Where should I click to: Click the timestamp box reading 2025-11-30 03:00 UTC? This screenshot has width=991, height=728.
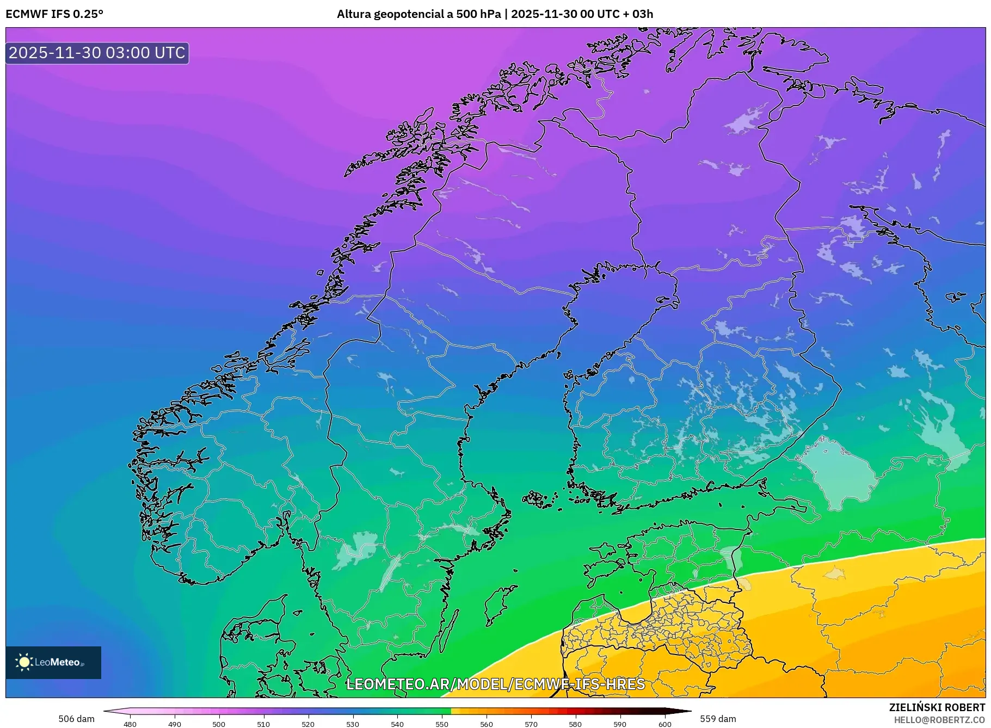(97, 53)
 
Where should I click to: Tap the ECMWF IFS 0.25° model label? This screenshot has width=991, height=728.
(54, 14)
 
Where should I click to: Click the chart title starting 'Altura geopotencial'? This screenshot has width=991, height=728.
(495, 14)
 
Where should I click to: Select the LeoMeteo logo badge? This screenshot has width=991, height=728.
(53, 662)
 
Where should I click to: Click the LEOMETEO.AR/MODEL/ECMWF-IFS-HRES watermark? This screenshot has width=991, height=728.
(495, 684)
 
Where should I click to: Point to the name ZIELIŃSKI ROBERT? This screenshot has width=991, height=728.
(937, 707)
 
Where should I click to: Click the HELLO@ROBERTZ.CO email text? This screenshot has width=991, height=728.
(939, 720)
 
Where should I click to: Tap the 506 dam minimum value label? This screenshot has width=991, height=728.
(76, 719)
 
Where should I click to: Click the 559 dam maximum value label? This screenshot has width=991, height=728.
(718, 719)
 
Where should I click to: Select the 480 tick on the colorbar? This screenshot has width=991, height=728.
(130, 724)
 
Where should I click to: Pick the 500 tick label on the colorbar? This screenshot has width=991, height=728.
(219, 724)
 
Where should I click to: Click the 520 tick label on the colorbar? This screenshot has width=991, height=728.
(308, 724)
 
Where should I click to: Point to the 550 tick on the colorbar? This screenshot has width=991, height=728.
(442, 724)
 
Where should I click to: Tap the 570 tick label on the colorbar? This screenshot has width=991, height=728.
(531, 724)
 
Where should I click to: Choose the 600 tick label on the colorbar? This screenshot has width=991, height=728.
(664, 724)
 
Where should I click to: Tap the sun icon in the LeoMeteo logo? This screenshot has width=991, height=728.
(24, 662)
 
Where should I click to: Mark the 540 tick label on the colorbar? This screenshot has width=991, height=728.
(397, 724)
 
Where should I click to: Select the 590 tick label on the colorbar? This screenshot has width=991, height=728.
(620, 724)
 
